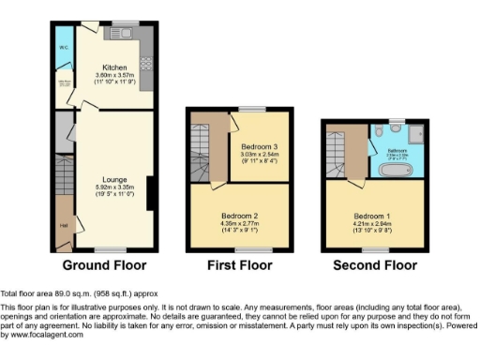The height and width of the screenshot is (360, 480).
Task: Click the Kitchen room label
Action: [115, 67]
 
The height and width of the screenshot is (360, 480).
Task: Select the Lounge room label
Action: [115, 179]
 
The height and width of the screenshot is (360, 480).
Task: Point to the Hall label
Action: [64, 225]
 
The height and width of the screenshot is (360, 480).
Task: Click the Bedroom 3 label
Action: [257, 147]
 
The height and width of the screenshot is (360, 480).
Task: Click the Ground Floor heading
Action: [102, 266]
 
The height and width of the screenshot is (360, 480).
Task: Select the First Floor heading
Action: [238, 266]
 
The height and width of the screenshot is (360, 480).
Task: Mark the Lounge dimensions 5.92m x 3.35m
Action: [115, 187]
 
